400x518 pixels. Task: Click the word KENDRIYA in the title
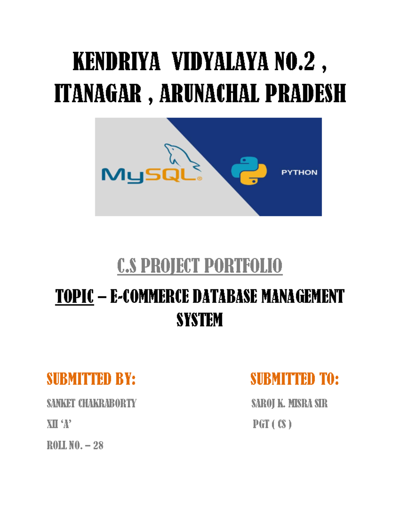click(116, 62)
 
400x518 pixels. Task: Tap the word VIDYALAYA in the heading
click(220, 62)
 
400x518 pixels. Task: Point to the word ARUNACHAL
click(209, 94)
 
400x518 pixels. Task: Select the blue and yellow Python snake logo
click(249, 170)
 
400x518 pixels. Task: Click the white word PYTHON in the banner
click(299, 172)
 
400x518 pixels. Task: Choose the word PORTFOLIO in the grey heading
click(243, 266)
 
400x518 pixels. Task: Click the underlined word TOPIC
click(74, 297)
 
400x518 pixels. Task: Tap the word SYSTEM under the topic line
click(199, 320)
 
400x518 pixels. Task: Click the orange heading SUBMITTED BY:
click(91, 379)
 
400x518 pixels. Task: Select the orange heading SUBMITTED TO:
click(295, 379)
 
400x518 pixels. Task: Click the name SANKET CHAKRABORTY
click(92, 403)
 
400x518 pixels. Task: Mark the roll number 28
click(98, 445)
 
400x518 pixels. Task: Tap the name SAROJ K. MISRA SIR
click(289, 403)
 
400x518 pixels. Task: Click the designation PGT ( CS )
click(272, 424)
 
